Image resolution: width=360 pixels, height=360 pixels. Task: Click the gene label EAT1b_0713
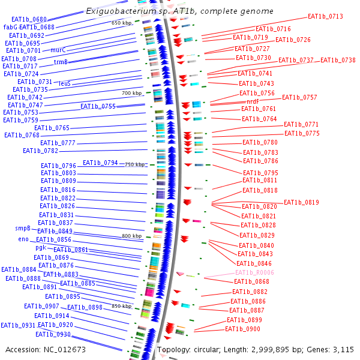click(x=325, y=16)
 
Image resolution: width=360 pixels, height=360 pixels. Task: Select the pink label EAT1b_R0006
click(x=254, y=272)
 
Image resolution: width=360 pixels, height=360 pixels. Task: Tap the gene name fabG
click(x=10, y=27)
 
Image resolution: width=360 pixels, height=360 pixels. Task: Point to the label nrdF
click(x=253, y=102)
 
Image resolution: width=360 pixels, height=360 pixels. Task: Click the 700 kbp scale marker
click(x=131, y=93)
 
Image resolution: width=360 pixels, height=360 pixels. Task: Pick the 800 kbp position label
click(x=131, y=236)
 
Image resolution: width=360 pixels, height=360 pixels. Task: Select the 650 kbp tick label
click(x=121, y=22)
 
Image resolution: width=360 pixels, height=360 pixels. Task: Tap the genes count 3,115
click(x=343, y=349)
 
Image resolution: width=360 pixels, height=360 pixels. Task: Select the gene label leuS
click(x=65, y=83)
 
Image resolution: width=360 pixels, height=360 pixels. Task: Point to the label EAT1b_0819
click(x=301, y=202)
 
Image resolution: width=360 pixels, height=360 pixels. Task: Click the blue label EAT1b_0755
click(x=98, y=106)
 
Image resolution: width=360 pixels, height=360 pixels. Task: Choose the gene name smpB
click(x=23, y=228)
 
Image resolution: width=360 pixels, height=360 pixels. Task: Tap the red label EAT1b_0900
click(x=242, y=329)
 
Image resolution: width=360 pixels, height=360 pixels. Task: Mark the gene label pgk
click(x=41, y=247)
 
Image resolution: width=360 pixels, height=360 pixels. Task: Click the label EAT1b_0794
click(x=100, y=163)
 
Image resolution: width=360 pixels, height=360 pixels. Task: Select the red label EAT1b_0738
click(x=338, y=60)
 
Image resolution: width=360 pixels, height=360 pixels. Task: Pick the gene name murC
click(x=58, y=50)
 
